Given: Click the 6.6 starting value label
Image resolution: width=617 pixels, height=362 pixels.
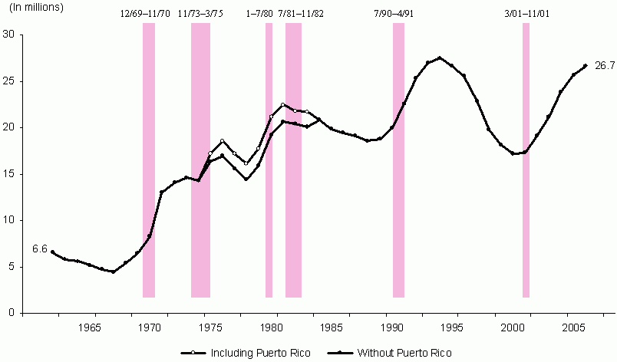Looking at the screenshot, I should point(39,248).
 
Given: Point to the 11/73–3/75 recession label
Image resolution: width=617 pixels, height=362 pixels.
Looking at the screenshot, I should point(200,14).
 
